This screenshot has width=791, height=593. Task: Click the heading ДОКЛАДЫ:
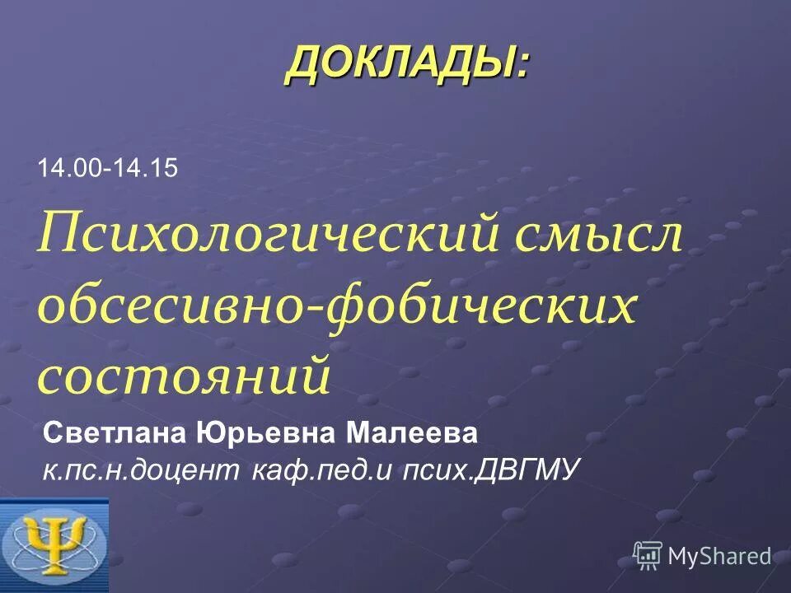coord(407,64)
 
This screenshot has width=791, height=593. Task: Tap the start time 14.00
coord(68,168)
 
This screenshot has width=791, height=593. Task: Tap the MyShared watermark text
coord(719,556)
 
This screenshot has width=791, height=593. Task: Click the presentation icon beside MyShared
coord(648,555)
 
